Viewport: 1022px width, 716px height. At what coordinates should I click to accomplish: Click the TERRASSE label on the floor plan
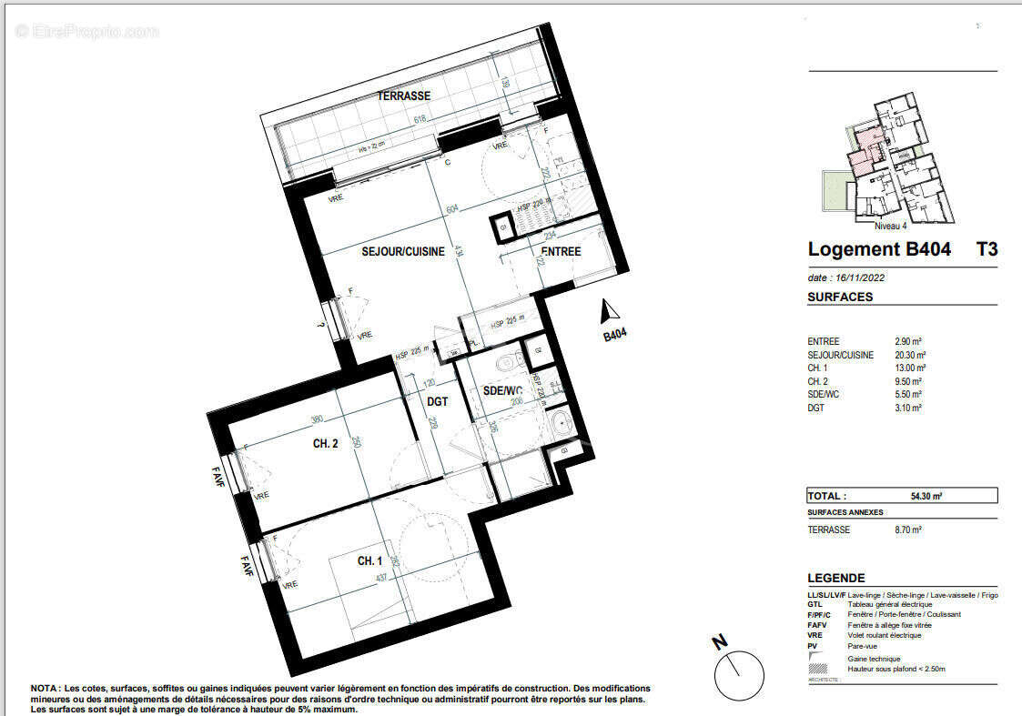(x=404, y=96)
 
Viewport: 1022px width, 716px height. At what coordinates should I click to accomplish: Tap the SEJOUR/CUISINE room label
(x=403, y=252)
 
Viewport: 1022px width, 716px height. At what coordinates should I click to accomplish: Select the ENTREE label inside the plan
(x=561, y=252)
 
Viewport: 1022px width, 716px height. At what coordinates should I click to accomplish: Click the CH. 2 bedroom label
(x=327, y=444)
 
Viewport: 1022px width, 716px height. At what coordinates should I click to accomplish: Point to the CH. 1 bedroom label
(x=369, y=561)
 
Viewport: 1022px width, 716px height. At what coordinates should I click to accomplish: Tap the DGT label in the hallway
(x=437, y=400)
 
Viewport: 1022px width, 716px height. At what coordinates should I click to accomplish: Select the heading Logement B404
(x=879, y=249)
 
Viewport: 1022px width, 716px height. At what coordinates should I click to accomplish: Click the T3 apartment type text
(x=987, y=249)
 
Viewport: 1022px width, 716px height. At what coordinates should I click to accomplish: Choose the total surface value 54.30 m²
(x=926, y=496)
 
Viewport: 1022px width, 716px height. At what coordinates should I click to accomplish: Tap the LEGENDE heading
(x=836, y=578)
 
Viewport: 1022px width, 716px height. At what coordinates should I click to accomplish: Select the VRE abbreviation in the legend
(x=815, y=635)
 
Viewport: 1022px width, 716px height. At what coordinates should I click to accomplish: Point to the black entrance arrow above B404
(x=603, y=313)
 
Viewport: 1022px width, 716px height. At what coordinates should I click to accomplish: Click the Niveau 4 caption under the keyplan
(x=890, y=226)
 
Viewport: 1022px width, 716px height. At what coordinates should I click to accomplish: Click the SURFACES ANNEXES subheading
(x=845, y=512)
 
